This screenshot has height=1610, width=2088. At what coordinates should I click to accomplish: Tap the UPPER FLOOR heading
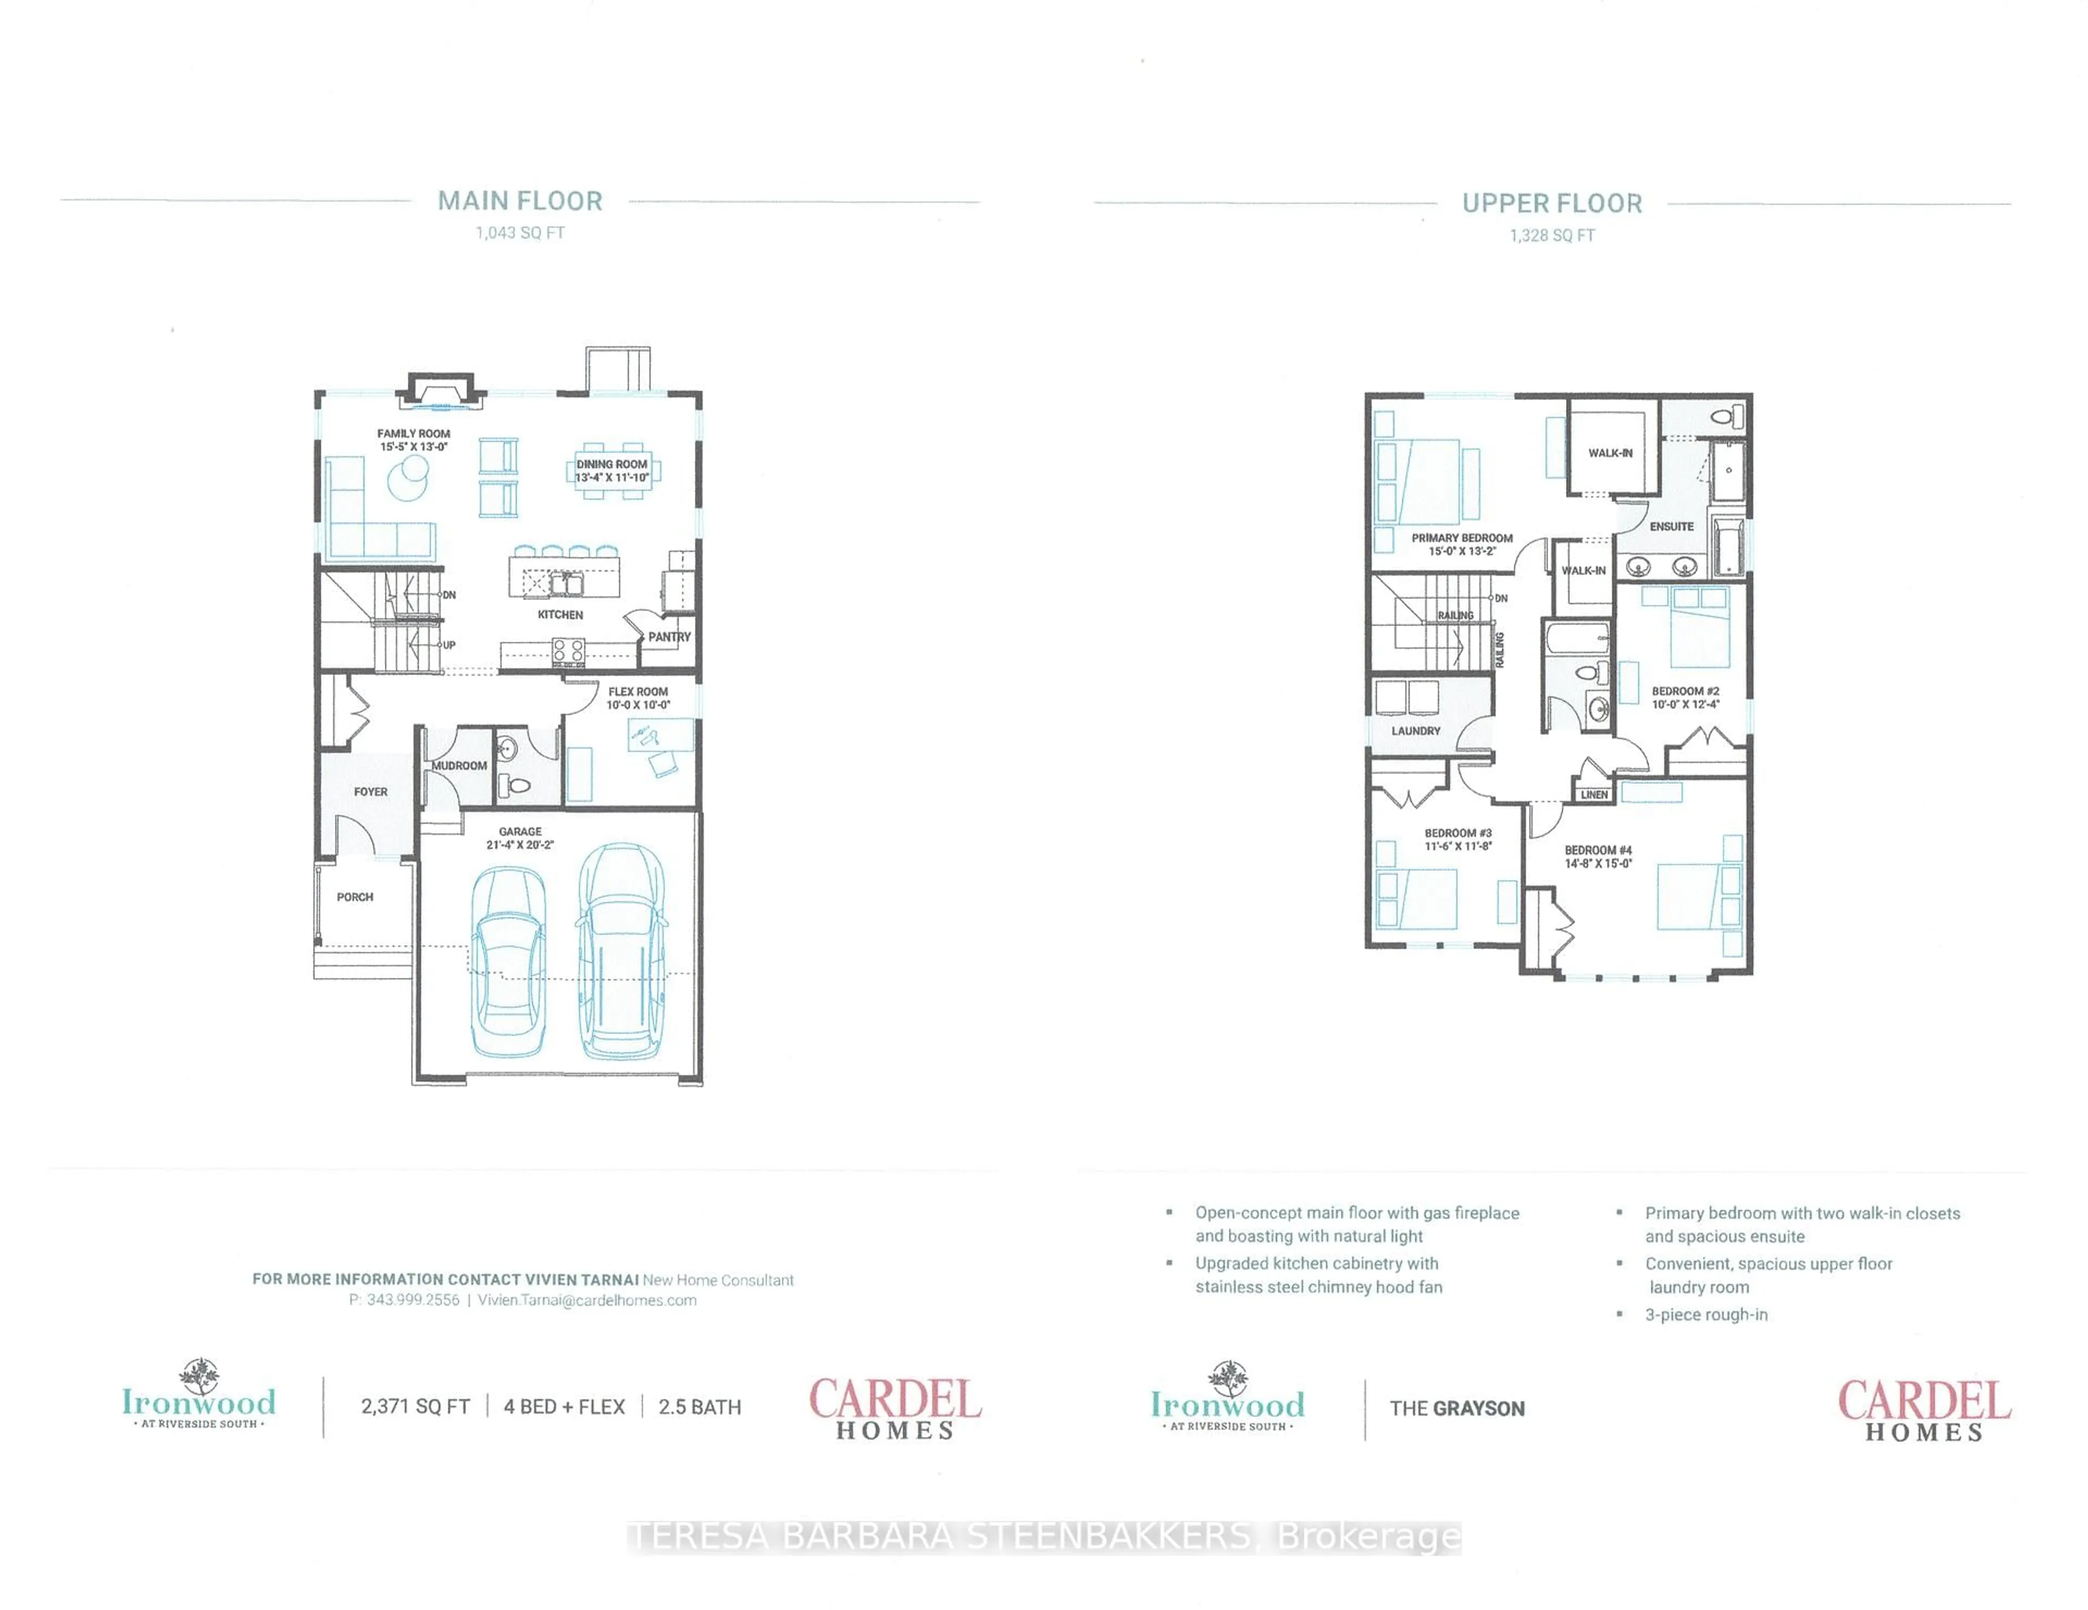click(1552, 203)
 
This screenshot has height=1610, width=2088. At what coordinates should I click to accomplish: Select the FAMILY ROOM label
click(413, 433)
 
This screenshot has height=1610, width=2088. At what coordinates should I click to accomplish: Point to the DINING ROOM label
click(612, 463)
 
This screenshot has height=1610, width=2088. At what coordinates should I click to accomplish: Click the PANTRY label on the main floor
click(669, 637)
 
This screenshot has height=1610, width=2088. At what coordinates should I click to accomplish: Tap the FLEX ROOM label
click(639, 691)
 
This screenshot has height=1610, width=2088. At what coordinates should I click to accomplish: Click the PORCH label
click(355, 897)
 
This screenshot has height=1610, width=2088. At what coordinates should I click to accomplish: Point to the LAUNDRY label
click(1416, 730)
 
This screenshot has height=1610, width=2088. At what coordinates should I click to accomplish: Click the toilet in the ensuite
click(1726, 417)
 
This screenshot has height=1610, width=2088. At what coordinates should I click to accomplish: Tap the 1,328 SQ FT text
click(1552, 235)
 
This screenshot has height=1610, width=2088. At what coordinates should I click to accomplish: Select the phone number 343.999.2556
click(413, 1300)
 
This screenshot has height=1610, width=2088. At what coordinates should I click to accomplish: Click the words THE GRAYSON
click(1457, 1408)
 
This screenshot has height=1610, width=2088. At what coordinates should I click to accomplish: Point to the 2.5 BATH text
click(700, 1407)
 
